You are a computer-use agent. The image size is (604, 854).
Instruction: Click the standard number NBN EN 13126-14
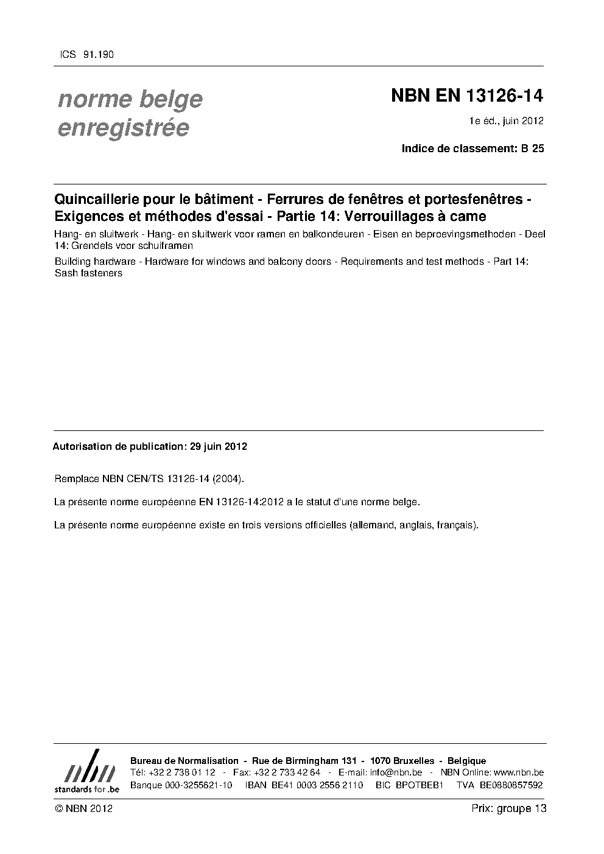tap(466, 96)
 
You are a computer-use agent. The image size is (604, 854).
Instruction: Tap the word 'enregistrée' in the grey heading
tap(123, 128)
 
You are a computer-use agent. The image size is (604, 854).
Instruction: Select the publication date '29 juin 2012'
tap(218, 446)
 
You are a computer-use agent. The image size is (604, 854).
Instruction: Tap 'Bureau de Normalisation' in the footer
tap(184, 761)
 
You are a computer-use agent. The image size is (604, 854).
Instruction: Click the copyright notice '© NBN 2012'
tap(83, 808)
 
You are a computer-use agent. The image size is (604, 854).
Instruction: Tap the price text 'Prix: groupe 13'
tap(508, 808)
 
